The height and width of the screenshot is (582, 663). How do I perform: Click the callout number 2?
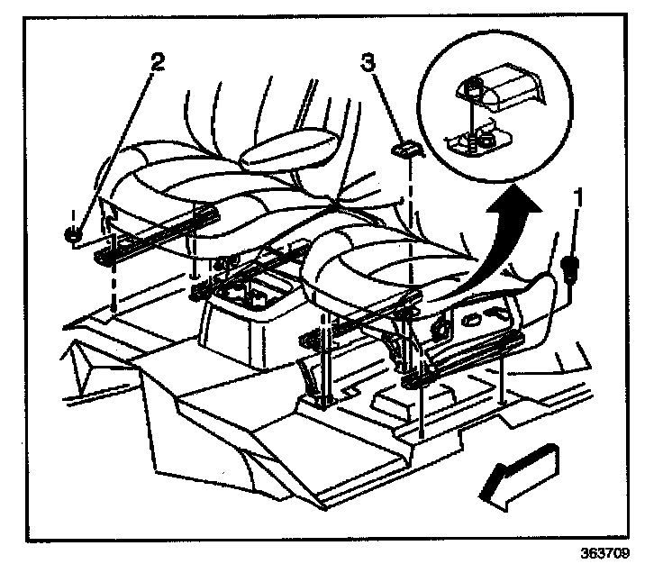pos(158,62)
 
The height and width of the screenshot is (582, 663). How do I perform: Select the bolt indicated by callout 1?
pos(568,266)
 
